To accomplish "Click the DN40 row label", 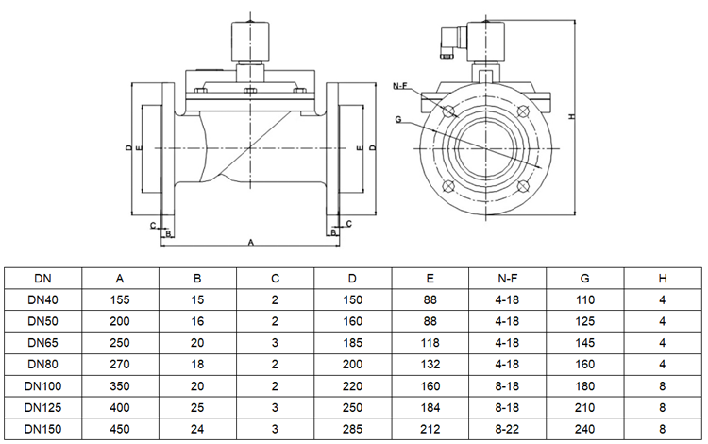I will [42, 299].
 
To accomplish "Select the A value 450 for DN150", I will [120, 428].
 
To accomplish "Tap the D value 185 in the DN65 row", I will [352, 342].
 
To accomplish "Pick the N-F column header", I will [507, 278].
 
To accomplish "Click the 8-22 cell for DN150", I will [507, 428].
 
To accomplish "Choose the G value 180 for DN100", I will [584, 385].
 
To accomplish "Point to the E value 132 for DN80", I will [430, 364].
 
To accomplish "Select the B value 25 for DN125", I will [197, 407].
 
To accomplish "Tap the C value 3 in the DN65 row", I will [275, 342].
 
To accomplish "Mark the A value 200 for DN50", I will [120, 321].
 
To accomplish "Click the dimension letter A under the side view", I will [251, 243].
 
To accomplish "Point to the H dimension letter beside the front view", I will [572, 117].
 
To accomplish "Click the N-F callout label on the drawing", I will [399, 86].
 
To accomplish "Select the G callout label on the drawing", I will [398, 120].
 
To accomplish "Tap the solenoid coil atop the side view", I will [250, 43].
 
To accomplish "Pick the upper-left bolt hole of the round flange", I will [451, 111].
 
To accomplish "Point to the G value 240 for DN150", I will [584, 428].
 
